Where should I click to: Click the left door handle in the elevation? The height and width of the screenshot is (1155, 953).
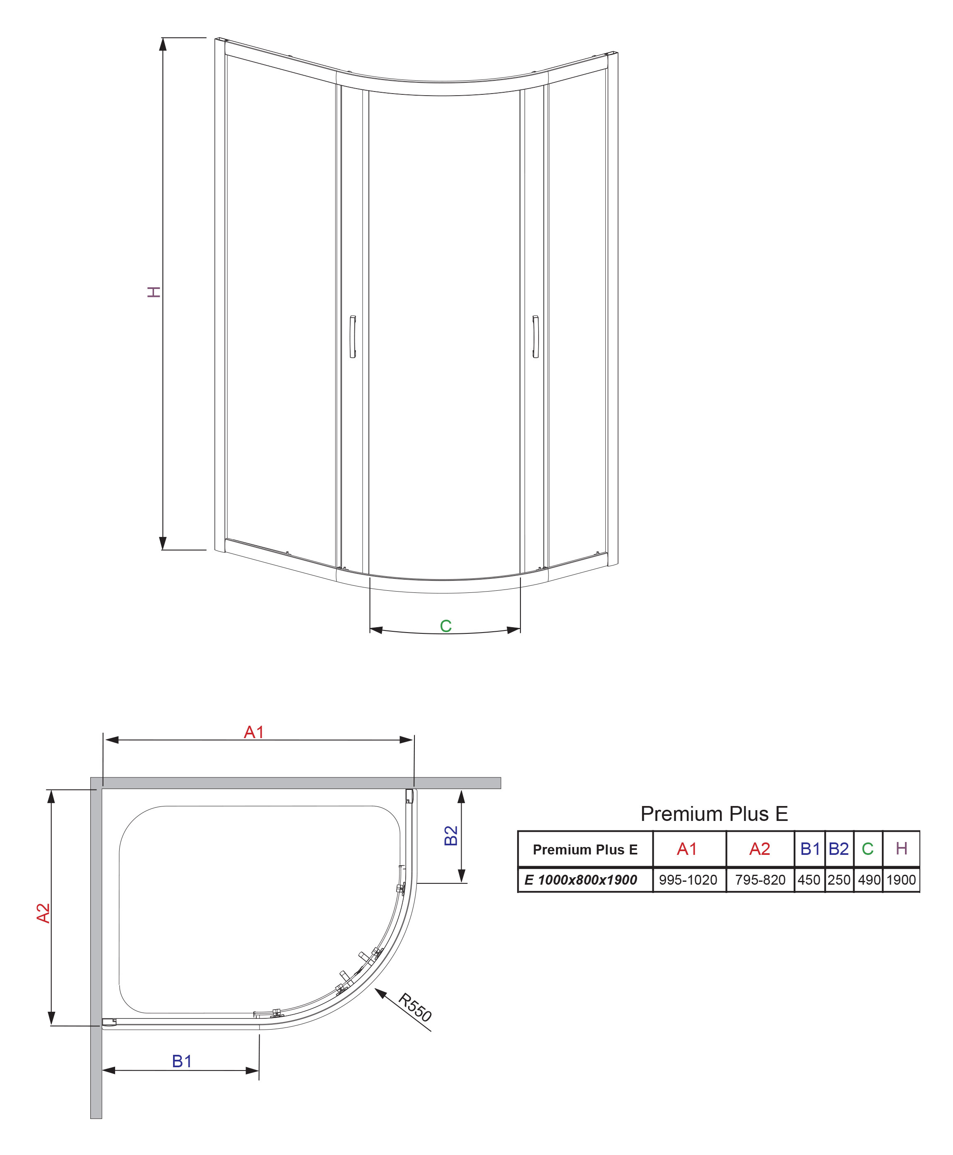pos(352,337)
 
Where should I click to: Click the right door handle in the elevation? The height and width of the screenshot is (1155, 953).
pos(535,337)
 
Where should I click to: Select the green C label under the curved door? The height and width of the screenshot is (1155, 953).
pos(446,626)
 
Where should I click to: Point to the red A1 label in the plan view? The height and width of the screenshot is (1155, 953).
pos(254,732)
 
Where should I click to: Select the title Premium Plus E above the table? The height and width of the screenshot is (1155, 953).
pos(714,813)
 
